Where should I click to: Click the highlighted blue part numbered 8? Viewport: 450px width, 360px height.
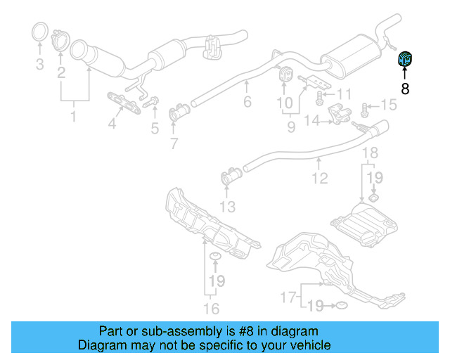pyautogui.click(x=405, y=58)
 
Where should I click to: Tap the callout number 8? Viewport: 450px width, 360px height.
pyautogui.click(x=405, y=89)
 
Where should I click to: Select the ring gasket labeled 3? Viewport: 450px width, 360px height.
pyautogui.click(x=40, y=32)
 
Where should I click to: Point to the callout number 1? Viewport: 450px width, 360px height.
pyautogui.click(x=73, y=116)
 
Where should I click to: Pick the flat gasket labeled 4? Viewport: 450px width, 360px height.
pyautogui.click(x=124, y=103)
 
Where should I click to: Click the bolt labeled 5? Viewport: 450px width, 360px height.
pyautogui.click(x=152, y=101)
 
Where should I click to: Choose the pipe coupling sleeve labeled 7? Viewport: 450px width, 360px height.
pyautogui.click(x=179, y=112)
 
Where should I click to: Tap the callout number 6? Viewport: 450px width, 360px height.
pyautogui.click(x=247, y=102)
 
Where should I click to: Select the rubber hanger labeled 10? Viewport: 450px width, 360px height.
pyautogui.click(x=285, y=74)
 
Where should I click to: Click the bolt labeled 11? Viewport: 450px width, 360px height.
pyautogui.click(x=319, y=98)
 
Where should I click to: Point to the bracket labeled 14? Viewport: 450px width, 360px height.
pyautogui.click(x=340, y=115)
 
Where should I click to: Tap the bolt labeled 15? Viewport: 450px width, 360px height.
pyautogui.click(x=364, y=110)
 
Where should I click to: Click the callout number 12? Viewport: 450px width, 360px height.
pyautogui.click(x=320, y=178)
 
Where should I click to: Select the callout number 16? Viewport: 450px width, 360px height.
pyautogui.click(x=211, y=309)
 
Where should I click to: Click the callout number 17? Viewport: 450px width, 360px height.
pyautogui.click(x=288, y=297)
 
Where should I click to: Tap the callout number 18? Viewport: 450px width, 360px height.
pyautogui.click(x=371, y=153)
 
